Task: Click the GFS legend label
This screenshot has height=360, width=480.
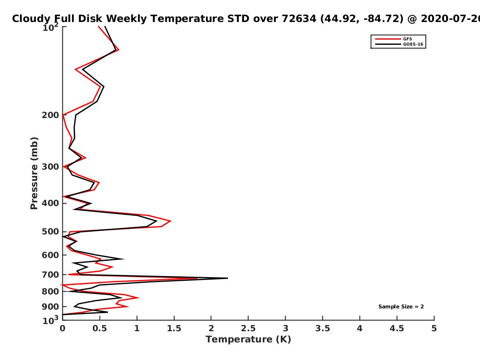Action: coord(408,39)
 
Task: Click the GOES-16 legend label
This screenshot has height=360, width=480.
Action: coord(413,44)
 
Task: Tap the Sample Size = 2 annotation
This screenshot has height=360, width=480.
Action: coord(401,307)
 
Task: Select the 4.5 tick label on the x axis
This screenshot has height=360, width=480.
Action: coord(397,328)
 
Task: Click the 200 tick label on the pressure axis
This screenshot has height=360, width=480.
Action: coord(50,115)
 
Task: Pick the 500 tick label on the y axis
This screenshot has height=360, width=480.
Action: coord(50,232)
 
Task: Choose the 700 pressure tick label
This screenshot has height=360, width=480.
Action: coord(50,274)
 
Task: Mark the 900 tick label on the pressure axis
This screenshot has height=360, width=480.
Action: coord(50,307)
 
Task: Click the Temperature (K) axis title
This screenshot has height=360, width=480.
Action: coord(248,340)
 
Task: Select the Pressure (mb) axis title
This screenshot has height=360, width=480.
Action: coord(34,173)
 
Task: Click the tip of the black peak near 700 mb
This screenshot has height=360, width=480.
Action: coord(228,278)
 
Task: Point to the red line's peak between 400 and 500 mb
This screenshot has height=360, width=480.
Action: coord(170,221)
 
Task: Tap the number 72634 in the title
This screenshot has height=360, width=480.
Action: coord(299,19)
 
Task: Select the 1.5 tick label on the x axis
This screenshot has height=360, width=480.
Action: coord(174,328)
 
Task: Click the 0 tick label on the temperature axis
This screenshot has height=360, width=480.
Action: coord(62,328)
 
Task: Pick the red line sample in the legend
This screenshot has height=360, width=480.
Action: coord(388,39)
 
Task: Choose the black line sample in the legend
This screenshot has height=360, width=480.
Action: coord(388,44)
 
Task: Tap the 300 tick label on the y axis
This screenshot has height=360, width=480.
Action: coord(50,167)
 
